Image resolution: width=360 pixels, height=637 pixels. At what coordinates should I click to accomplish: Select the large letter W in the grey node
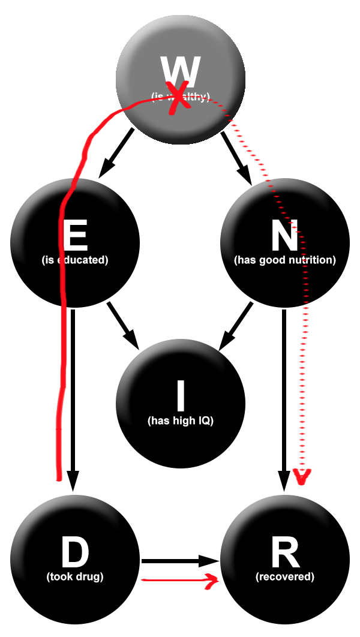pyautogui.click(x=181, y=71)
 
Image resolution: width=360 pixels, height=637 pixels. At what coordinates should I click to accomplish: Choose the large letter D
pyautogui.click(x=75, y=552)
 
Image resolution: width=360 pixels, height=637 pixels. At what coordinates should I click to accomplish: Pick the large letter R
pyautogui.click(x=284, y=552)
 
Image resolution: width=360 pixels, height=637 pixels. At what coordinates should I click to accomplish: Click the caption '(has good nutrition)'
pyautogui.click(x=284, y=260)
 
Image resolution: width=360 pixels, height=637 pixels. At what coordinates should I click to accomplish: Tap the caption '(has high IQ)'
pyautogui.click(x=180, y=420)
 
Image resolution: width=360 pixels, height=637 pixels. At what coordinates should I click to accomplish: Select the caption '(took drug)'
pyautogui.click(x=75, y=577)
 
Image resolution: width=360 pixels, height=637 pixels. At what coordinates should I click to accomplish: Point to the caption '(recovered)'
pyautogui.click(x=284, y=577)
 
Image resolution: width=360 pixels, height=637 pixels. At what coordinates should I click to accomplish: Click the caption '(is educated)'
pyautogui.click(x=75, y=260)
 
